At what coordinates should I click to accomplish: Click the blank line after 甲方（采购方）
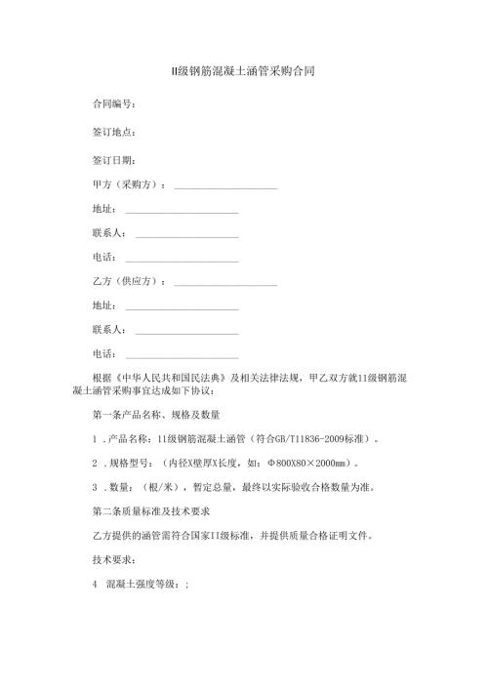point(224,185)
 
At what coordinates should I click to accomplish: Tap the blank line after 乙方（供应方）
point(224,282)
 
